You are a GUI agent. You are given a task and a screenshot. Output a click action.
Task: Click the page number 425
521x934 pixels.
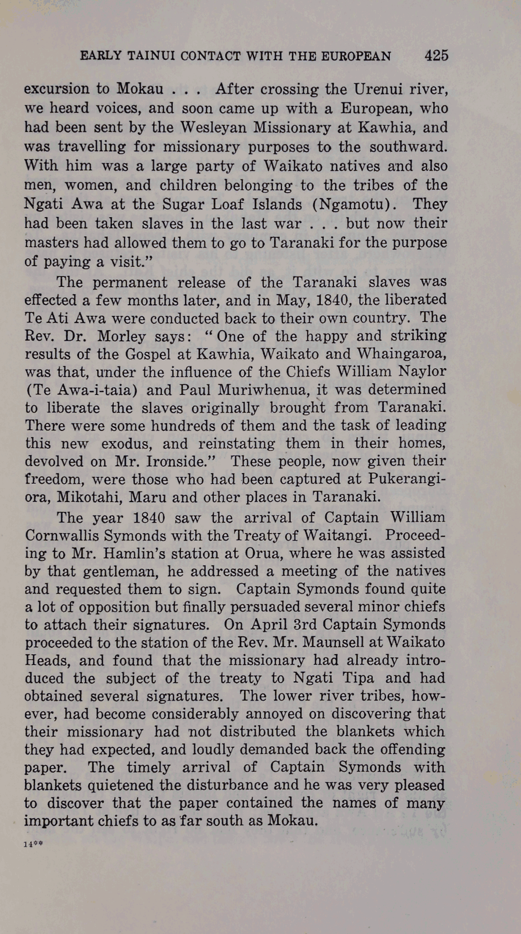pos(436,56)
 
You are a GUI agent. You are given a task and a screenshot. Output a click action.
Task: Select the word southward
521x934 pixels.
pos(408,147)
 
